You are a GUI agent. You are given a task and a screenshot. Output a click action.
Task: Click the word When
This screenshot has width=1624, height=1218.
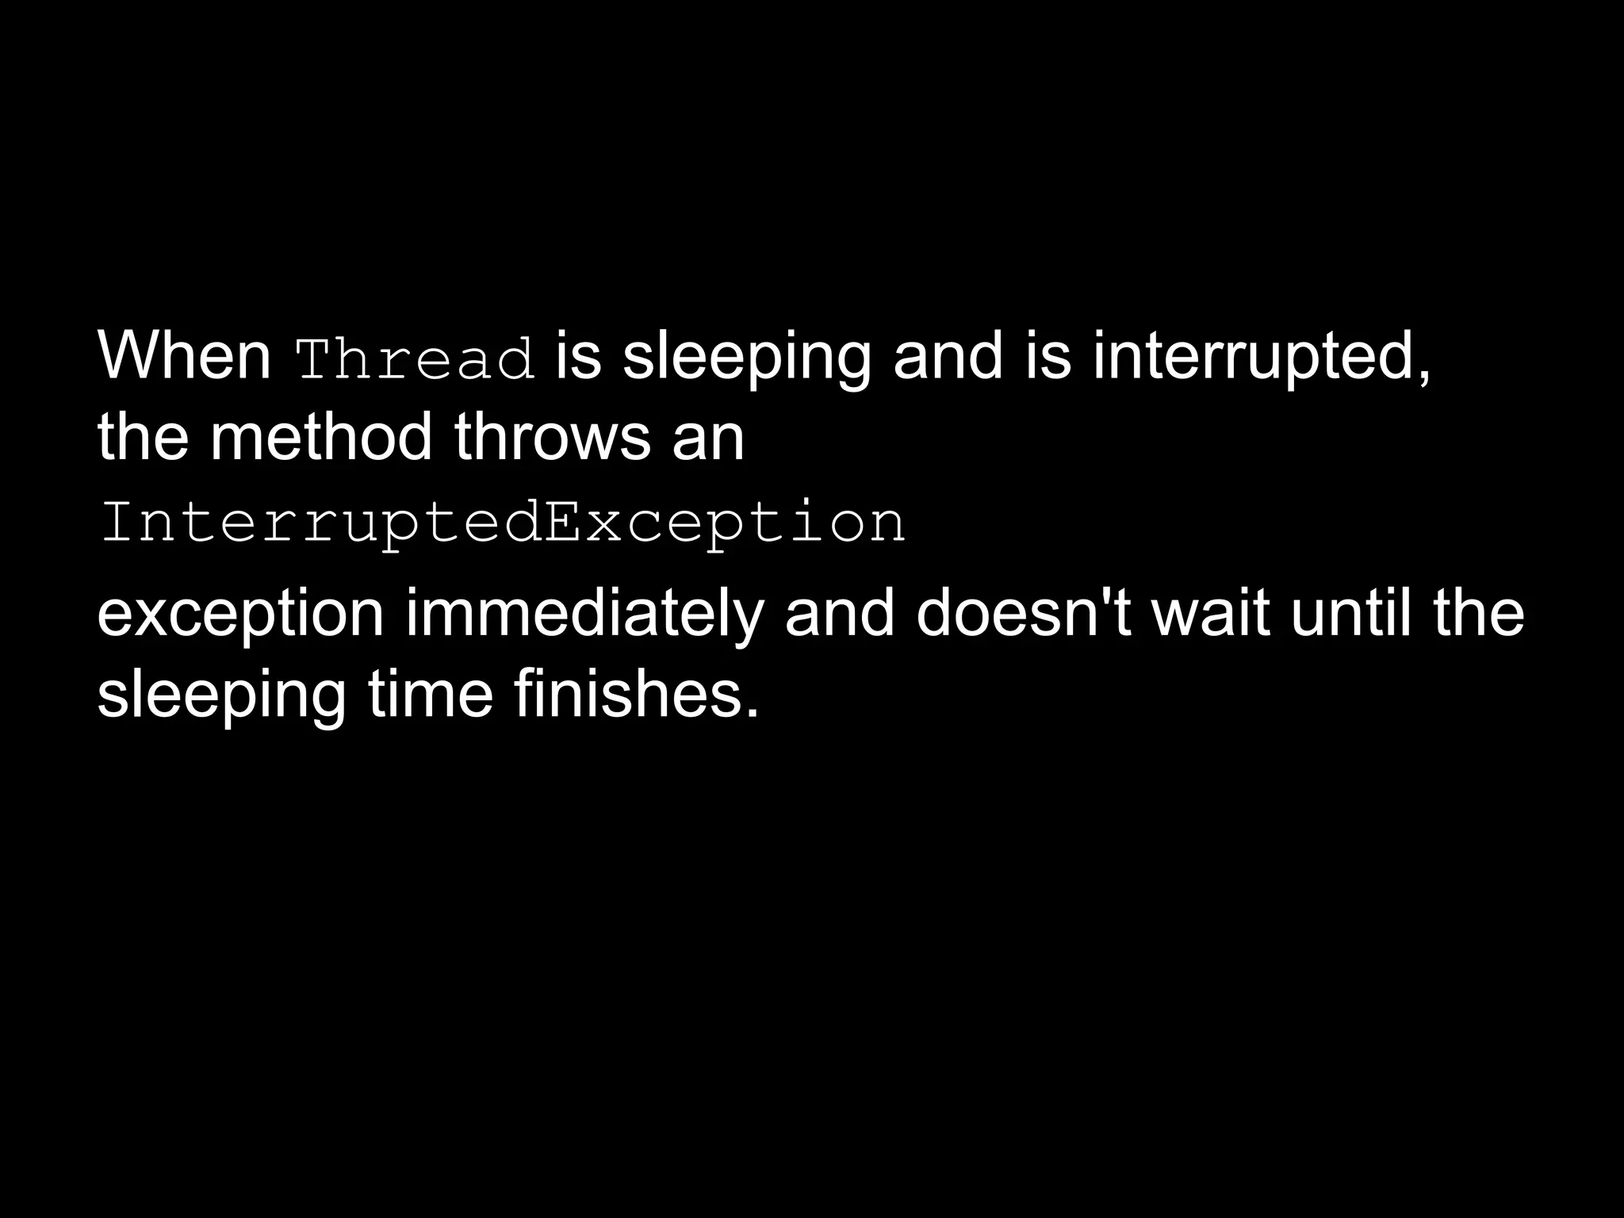184,356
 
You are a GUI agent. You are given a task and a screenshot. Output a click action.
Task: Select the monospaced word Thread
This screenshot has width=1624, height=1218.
415,359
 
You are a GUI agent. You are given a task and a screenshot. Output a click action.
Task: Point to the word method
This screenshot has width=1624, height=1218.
321,437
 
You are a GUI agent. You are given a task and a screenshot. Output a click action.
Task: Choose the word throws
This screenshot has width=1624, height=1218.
552,437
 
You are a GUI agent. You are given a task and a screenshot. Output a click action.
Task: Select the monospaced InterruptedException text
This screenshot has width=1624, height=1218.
503,523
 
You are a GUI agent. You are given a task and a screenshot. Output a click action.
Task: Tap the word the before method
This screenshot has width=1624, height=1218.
143,437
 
